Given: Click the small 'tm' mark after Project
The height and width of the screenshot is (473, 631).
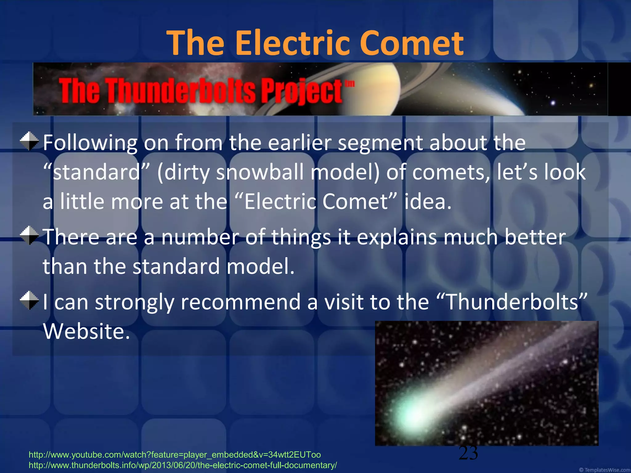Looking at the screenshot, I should tap(349, 84).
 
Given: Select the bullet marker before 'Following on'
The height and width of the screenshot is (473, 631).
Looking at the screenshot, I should tap(29, 141).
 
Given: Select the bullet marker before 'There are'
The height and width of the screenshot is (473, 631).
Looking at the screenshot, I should tap(29, 236).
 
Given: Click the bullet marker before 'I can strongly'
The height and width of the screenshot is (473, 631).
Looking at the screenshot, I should tap(29, 300).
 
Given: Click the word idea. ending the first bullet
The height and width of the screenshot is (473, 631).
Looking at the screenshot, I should tap(428, 201).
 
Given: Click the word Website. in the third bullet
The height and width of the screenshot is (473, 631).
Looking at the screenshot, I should tap(87, 331).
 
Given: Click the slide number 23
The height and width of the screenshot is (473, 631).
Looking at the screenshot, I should tap(468, 453).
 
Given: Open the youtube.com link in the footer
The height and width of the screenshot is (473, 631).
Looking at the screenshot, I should tap(175, 455).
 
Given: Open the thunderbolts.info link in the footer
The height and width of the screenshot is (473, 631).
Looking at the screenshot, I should tap(183, 465).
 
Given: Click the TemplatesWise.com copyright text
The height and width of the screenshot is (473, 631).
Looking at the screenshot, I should tap(605, 470).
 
